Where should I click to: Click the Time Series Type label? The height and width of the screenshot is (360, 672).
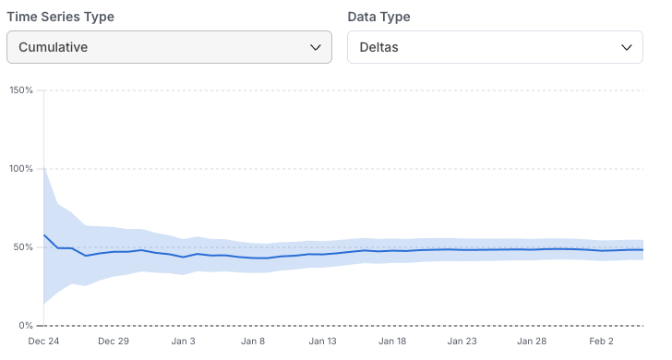67,17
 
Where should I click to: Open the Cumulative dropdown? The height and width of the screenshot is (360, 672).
169,47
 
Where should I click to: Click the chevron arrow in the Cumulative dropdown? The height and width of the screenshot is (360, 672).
316,47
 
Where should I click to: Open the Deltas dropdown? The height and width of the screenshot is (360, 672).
495,47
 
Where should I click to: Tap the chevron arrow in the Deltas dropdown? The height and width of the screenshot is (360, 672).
627,47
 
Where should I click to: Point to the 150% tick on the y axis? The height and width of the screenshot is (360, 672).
20,90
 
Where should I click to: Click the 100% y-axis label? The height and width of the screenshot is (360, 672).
20,169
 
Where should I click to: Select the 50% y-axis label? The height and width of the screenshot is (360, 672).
22,247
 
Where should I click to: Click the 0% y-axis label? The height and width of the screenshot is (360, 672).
25,326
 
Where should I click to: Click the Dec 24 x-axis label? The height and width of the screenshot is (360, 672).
43,342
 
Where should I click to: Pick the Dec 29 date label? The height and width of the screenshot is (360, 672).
114,342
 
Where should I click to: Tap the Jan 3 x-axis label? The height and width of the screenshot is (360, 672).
183,342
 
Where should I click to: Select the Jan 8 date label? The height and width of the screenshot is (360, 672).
253,342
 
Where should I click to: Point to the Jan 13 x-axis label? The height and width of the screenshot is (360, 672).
323,342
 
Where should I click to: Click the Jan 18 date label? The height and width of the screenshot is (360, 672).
392,342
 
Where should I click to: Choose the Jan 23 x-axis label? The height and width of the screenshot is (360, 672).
462,342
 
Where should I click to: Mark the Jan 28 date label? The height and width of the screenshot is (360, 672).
532,342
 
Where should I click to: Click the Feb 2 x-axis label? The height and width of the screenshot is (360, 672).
602,342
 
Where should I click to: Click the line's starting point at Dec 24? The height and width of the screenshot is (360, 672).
44,234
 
